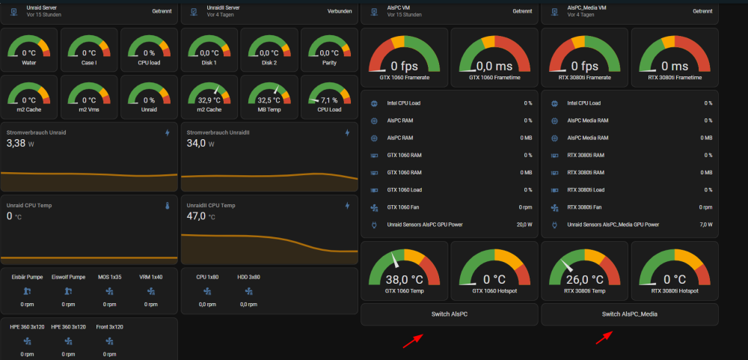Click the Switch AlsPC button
(x=449, y=314)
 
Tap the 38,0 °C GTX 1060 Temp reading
(x=405, y=279)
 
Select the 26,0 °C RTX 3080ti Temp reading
(x=585, y=279)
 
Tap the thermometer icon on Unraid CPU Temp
(x=167, y=206)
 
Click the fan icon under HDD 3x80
(x=248, y=290)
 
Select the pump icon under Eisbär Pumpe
(x=27, y=290)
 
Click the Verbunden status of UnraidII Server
(x=340, y=11)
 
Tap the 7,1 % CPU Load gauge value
(x=329, y=100)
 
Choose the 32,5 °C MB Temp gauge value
(x=269, y=100)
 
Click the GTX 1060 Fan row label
(x=402, y=207)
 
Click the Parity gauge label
(x=329, y=63)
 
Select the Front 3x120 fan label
(x=109, y=327)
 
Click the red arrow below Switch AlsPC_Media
(x=605, y=338)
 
